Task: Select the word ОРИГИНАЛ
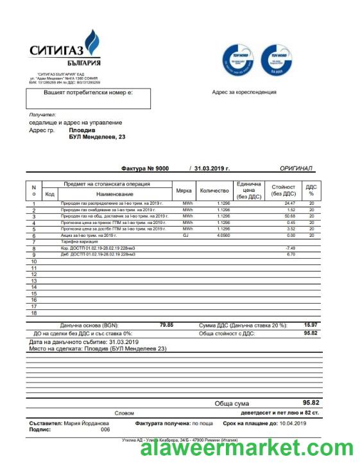[x=296, y=168]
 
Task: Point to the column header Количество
[x=214, y=191]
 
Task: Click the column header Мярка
[x=184, y=191]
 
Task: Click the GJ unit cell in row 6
[x=187, y=236]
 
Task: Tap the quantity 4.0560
[x=223, y=236]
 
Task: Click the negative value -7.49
[x=290, y=248]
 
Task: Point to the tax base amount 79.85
[x=166, y=325]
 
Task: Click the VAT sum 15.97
[x=311, y=325]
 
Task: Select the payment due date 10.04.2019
[x=293, y=424]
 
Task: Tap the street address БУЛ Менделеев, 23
[x=96, y=137]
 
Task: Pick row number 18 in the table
[x=34, y=313]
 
